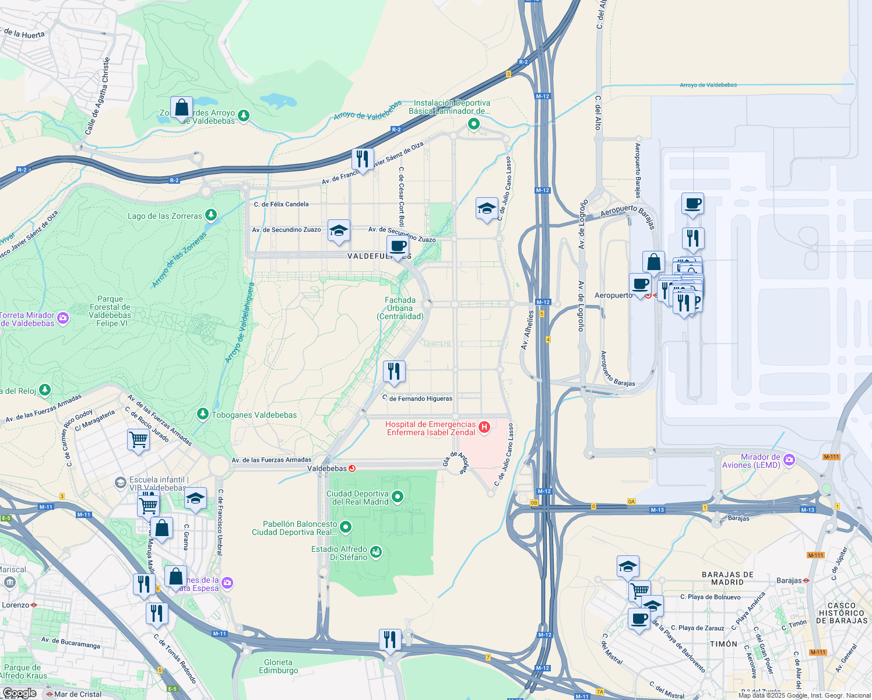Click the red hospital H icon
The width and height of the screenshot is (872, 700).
coord(484,428)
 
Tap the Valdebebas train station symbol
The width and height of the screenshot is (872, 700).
coord(351,468)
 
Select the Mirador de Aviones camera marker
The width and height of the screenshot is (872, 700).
coord(789,460)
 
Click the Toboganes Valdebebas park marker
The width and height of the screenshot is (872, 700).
coord(202,414)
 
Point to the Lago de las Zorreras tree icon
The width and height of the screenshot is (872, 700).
coord(211,215)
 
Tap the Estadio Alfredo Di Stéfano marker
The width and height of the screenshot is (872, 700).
coord(376,552)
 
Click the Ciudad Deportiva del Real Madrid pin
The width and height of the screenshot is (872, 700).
coord(398,496)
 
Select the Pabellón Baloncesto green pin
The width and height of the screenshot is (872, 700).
coord(346,527)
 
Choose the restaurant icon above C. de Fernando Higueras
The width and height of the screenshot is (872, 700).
coord(394,371)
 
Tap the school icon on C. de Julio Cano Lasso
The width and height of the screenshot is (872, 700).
coord(487,208)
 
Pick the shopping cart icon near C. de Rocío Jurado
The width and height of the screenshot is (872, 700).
coord(139,439)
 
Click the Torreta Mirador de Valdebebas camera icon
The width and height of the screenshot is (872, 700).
coord(63,318)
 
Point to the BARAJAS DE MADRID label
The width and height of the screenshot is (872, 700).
coord(727,578)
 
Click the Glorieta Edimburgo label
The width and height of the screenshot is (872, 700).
coord(278,666)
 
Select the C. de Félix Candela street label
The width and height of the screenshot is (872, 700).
coord(281,204)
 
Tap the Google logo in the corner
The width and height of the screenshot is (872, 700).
coord(20,693)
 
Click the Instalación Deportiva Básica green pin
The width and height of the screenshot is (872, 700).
coord(474,124)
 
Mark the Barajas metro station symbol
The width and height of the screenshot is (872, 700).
coord(806,580)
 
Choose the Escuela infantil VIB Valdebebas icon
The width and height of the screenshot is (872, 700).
coord(120,482)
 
